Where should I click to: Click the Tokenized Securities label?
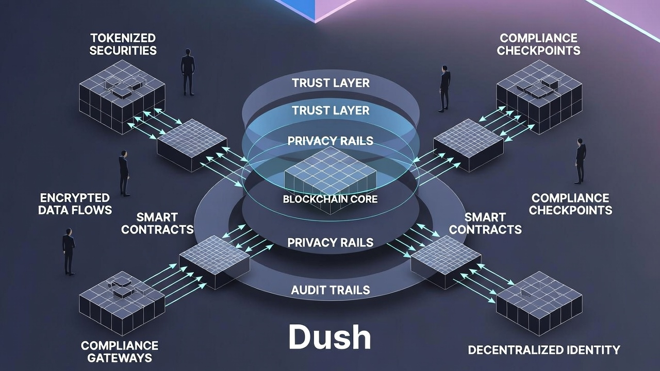(123, 44)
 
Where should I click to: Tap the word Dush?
(329, 338)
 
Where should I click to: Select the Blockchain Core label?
(330, 199)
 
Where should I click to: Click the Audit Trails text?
(330, 290)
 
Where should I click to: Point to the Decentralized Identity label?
(543, 350)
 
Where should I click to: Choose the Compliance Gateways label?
(120, 351)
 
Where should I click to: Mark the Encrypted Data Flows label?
(75, 204)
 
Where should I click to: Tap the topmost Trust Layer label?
(331, 83)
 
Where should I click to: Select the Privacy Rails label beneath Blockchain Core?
(330, 242)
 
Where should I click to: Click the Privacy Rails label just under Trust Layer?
(330, 141)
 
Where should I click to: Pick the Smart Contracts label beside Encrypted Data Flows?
(157, 223)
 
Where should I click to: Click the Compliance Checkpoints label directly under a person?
(570, 204)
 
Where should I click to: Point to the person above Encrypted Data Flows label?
(124, 173)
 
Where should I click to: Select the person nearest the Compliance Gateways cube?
(69, 251)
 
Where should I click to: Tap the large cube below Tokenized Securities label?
(122, 96)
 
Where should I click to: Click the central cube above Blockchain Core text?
(330, 175)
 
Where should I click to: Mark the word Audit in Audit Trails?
(308, 290)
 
